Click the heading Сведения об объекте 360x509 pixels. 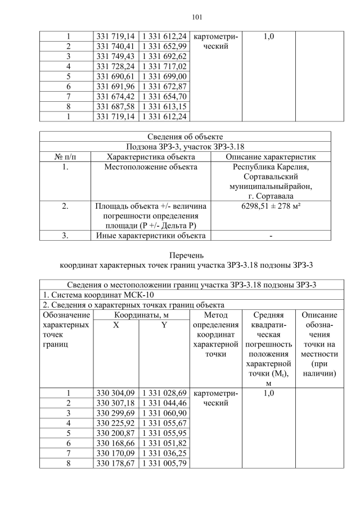click(185, 137)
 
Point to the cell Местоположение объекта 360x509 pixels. click(151, 167)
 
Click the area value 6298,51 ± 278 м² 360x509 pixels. click(271, 206)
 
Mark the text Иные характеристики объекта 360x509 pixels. click(151, 236)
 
